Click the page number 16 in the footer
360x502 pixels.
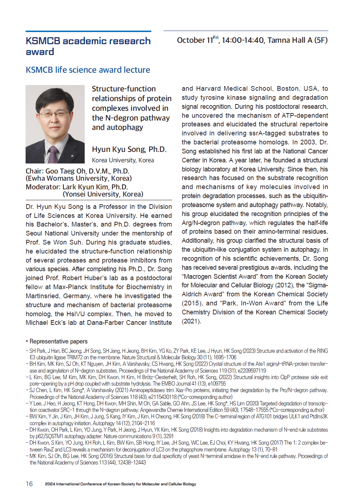point(29,484)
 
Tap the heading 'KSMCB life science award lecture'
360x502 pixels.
point(88,70)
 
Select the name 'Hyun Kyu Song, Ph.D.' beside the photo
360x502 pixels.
point(129,149)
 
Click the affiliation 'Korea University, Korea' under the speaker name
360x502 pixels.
point(123,160)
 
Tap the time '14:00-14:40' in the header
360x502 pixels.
point(243,40)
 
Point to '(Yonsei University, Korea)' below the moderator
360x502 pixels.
point(103,194)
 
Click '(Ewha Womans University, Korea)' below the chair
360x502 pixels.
point(79,178)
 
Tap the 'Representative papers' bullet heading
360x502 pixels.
point(58,341)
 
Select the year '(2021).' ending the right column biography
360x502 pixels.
point(191,321)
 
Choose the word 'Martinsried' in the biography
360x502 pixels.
point(42,296)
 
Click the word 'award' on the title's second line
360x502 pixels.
point(40,52)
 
